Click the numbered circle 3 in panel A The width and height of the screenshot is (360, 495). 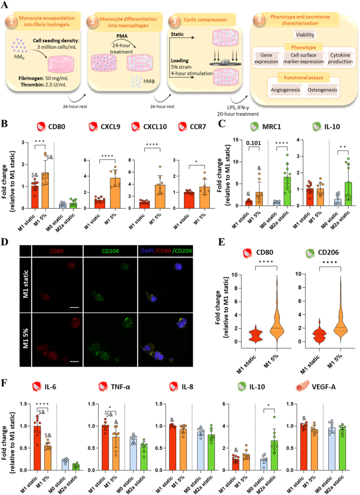pyautogui.click(x=174, y=21)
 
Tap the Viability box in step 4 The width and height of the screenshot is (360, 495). pyautogui.click(x=305, y=35)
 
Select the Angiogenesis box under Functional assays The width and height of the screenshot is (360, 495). pyautogui.click(x=285, y=90)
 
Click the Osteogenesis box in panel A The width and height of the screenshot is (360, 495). pyautogui.click(x=322, y=90)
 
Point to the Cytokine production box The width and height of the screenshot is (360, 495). pyautogui.click(x=340, y=58)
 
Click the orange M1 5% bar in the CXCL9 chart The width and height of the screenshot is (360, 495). pyautogui.click(x=115, y=193)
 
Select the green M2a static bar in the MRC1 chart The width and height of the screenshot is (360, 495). pyautogui.click(x=287, y=192)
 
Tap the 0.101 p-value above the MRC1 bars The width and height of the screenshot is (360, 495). pyautogui.click(x=253, y=143)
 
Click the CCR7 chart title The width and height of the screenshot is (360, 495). pyautogui.click(x=198, y=127)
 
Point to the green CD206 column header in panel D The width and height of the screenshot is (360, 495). pyautogui.click(x=110, y=251)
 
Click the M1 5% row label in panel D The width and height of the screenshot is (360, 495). pyautogui.click(x=26, y=338)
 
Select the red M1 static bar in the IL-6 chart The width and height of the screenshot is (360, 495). pyautogui.click(x=37, y=448)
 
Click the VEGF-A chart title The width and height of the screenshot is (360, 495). pyautogui.click(x=323, y=387)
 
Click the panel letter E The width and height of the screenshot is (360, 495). pyautogui.click(x=221, y=242)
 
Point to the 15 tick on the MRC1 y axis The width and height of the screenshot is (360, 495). pyautogui.click(x=235, y=140)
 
